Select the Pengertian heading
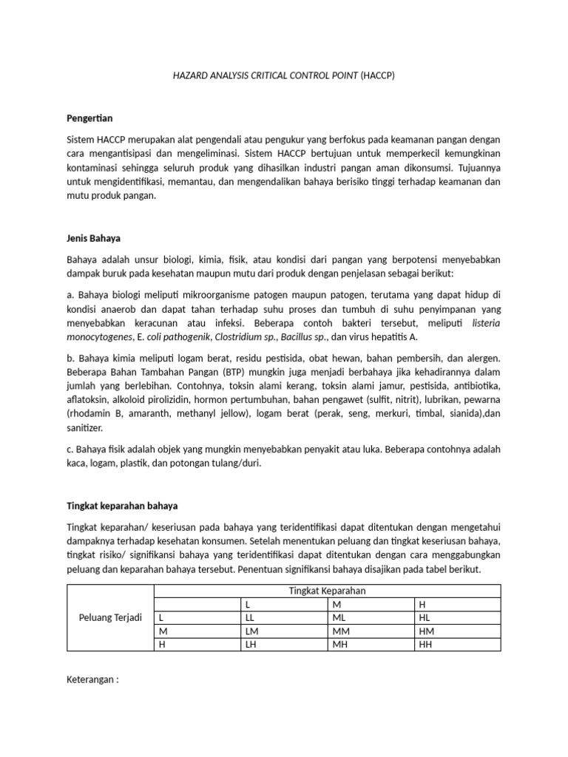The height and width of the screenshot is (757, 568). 89,118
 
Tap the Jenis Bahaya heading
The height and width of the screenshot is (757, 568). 93,240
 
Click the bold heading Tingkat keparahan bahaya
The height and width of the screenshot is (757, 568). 122,506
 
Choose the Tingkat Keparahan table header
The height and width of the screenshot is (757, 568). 327,590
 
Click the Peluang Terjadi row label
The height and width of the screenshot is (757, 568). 110,617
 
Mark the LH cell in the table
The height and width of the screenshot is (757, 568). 251,645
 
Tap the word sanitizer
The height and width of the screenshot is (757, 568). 84,428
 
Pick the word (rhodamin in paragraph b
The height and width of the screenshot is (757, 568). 92,415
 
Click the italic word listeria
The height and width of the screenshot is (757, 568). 484,323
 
